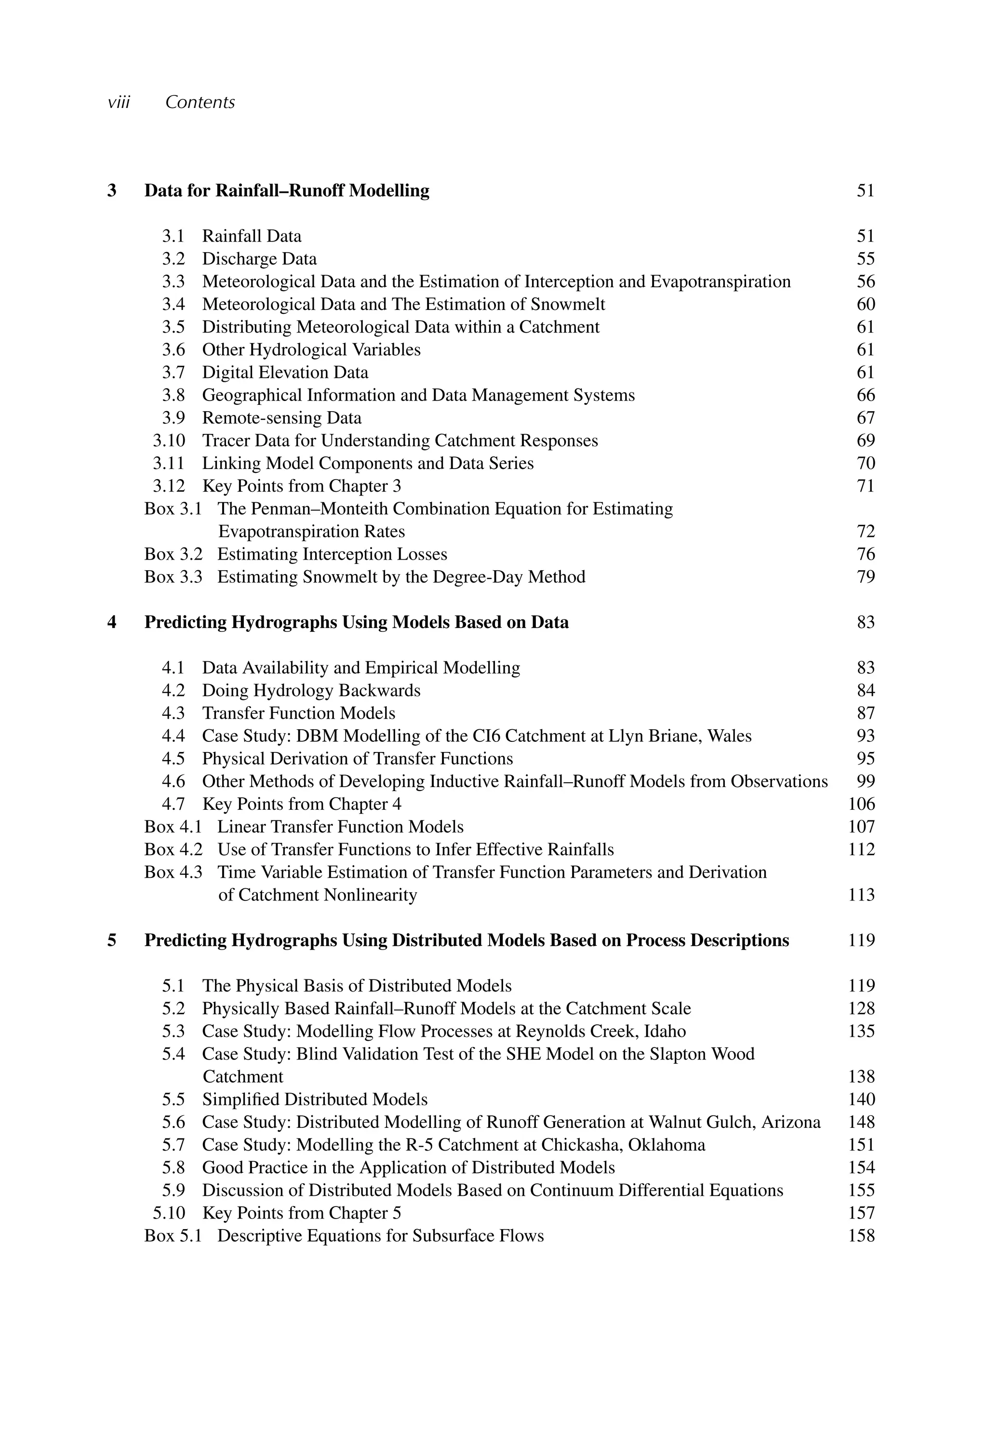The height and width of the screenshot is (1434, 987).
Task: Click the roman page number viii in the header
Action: click(118, 102)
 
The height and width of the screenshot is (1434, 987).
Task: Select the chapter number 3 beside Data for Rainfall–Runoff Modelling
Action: click(112, 190)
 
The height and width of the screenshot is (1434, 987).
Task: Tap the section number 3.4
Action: click(173, 304)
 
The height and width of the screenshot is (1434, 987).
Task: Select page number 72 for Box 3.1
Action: click(865, 532)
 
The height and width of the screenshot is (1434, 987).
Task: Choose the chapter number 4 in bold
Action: click(112, 622)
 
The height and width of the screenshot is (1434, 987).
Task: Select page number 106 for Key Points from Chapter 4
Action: click(862, 804)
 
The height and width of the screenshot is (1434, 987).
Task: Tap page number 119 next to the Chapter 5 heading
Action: click(862, 940)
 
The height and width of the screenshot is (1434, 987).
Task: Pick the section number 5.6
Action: click(173, 1122)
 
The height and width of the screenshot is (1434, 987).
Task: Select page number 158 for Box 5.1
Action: click(862, 1236)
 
